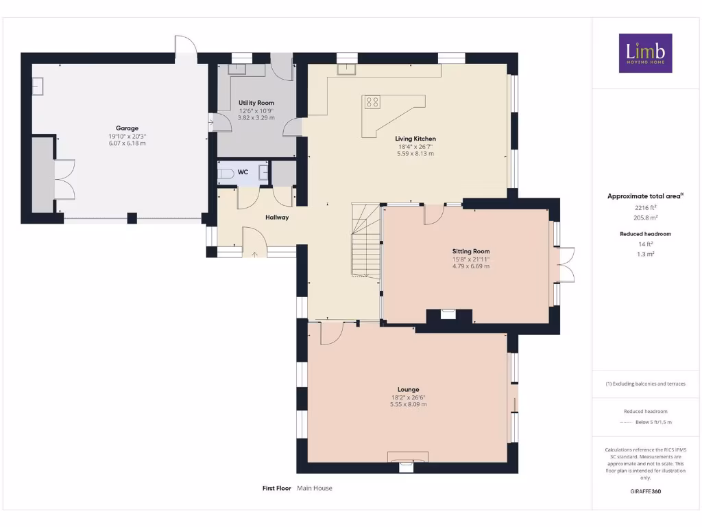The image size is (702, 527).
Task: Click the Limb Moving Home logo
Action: (645, 53)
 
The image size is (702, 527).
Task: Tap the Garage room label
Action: (127, 128)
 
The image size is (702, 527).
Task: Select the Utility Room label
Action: (256, 103)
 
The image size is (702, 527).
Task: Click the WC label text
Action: (243, 173)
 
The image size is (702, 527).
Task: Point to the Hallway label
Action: (277, 218)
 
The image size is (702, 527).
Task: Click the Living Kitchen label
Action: (416, 139)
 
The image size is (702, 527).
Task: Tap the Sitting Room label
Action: (470, 251)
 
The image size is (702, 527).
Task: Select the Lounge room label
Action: (409, 389)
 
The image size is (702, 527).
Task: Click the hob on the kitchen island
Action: (372, 102)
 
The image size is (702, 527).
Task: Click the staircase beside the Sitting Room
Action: (366, 240)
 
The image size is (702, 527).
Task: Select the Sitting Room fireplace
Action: (448, 316)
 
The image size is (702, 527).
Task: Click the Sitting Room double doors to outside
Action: (566, 264)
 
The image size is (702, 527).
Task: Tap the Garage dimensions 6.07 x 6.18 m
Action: (127, 143)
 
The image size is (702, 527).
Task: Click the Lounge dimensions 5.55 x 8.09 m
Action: (409, 404)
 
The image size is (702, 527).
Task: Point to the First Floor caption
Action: (277, 489)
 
